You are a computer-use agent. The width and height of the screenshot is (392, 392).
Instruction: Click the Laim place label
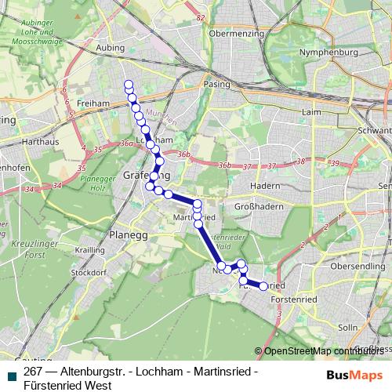(314, 111)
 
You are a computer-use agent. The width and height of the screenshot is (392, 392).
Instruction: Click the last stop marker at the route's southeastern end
(263, 287)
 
